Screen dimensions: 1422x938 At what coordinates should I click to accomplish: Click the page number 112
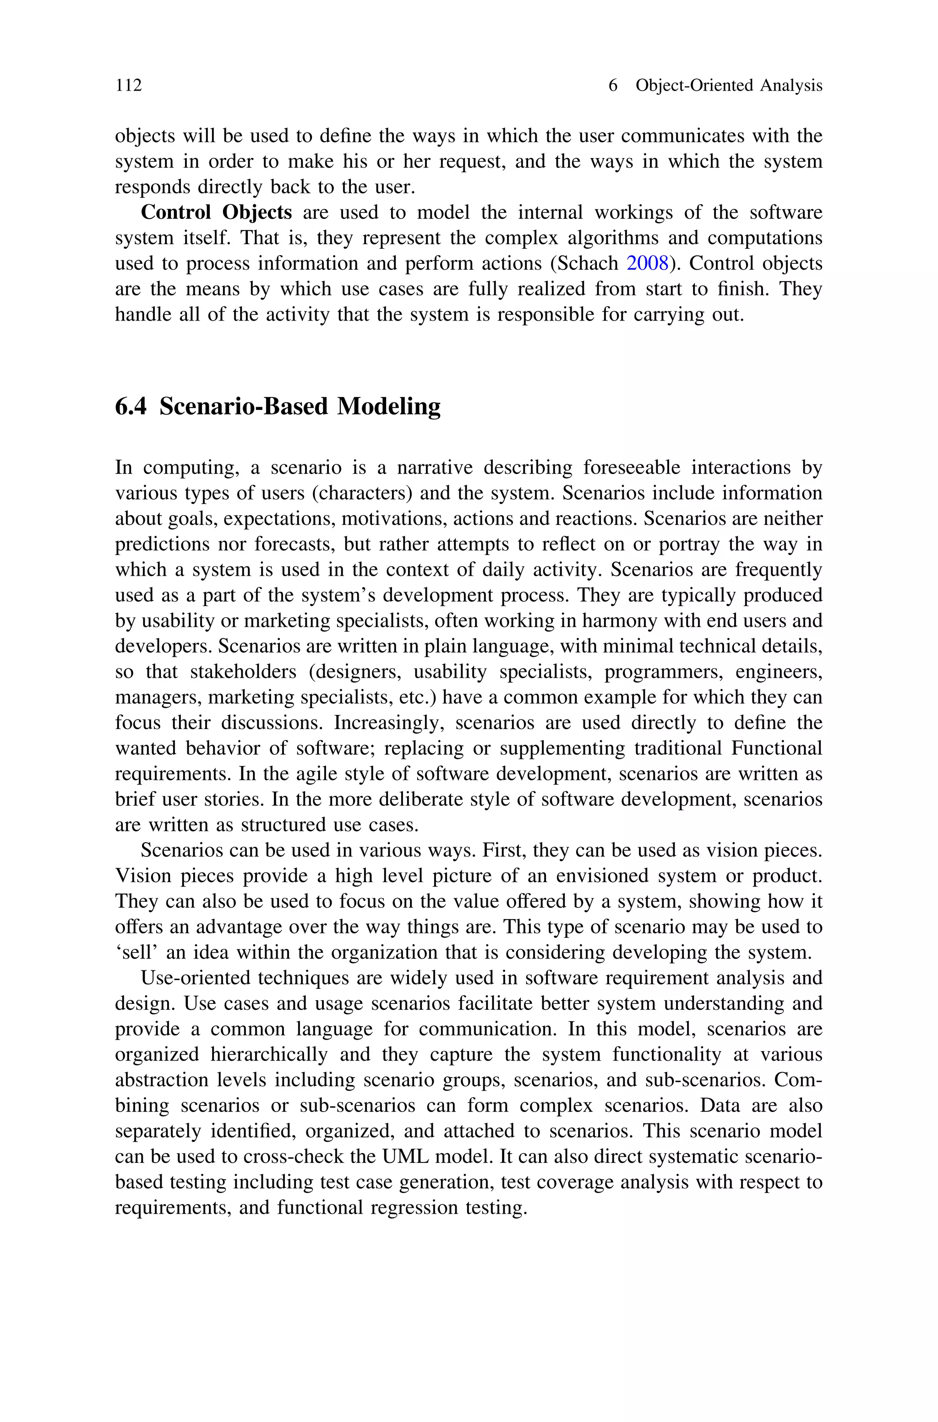[129, 86]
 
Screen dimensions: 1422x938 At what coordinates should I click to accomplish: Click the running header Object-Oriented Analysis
[729, 86]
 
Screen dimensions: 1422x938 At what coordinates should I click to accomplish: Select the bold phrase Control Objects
[216, 213]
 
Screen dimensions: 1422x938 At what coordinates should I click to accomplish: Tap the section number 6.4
[131, 407]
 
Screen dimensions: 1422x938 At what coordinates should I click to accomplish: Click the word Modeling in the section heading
[389, 407]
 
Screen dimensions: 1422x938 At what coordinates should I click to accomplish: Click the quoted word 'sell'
[136, 953]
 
